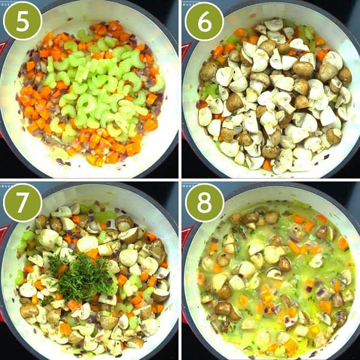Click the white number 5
pyautogui.click(x=23, y=21)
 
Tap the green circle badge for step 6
pyautogui.click(x=204, y=22)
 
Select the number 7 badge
pyautogui.click(x=23, y=203)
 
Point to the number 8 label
pyautogui.click(x=205, y=202)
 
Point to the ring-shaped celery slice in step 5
pyautogui.click(x=86, y=103)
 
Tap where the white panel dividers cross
pyautogui.click(x=180, y=180)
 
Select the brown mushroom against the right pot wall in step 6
pyautogui.click(x=344, y=75)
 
